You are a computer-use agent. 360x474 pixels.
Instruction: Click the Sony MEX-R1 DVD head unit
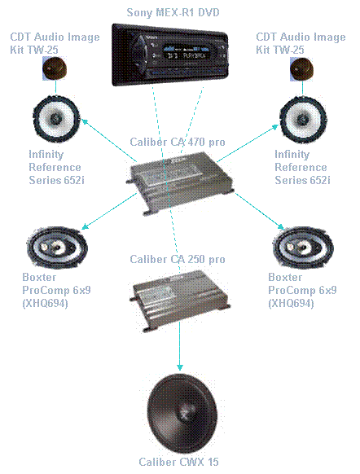[x=170, y=55]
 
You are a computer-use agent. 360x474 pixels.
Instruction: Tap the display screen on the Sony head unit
[x=187, y=54]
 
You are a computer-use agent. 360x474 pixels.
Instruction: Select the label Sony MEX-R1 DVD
[x=173, y=12]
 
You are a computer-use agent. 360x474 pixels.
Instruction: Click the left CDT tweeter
[x=55, y=68]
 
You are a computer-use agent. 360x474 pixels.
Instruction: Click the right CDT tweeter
[x=301, y=69]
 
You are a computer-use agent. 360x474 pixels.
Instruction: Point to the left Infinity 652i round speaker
[x=56, y=119]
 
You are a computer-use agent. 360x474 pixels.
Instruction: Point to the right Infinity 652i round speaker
[x=303, y=120]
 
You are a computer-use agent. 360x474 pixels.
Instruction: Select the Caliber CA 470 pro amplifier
[x=181, y=183]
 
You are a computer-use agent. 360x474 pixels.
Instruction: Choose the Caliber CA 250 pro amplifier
[x=180, y=301]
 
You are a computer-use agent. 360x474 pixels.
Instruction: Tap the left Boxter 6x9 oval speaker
[x=57, y=248]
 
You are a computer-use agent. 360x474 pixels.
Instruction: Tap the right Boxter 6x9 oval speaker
[x=303, y=248]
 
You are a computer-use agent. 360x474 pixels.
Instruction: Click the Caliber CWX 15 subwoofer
[x=182, y=413]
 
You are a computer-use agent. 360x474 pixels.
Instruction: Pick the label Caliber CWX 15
[x=178, y=462]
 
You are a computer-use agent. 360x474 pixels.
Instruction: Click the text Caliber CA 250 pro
[x=178, y=259]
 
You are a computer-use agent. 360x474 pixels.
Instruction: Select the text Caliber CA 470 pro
[x=178, y=142]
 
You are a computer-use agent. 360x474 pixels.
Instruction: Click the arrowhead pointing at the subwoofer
[x=180, y=367]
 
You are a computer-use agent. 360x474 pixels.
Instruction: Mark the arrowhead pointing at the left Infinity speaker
[x=85, y=122]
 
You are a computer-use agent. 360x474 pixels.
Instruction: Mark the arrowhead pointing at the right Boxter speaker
[x=280, y=226]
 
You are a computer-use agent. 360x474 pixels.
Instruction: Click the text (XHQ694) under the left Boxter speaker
[x=45, y=303]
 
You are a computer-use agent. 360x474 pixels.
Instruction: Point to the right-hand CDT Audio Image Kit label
[x=301, y=43]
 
